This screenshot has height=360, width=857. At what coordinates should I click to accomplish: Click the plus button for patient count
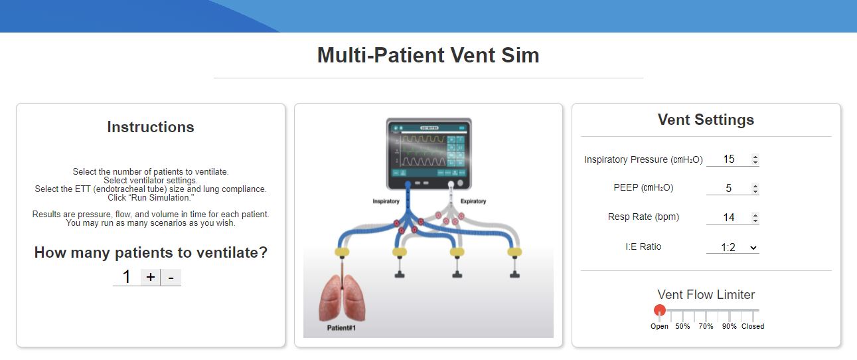tap(151, 278)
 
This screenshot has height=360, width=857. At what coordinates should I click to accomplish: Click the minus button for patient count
tap(171, 278)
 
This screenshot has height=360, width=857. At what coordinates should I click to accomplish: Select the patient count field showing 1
tap(126, 278)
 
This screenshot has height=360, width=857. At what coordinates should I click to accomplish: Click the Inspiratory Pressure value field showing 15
tap(729, 159)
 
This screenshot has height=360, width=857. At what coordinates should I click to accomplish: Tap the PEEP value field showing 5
tap(729, 189)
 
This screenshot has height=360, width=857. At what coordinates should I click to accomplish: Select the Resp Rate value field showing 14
tap(729, 218)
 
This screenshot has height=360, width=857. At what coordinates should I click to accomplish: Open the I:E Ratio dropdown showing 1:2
tap(732, 247)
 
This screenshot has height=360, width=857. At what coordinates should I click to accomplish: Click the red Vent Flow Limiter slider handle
tap(660, 310)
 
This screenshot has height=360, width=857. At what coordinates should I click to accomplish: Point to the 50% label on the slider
tap(682, 327)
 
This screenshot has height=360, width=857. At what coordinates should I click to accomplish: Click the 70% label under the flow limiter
tap(706, 327)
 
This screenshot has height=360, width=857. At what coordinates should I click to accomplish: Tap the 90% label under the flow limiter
tap(729, 327)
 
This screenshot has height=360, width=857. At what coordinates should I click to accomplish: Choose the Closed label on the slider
tap(753, 327)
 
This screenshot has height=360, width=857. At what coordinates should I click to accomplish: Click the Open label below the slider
tap(659, 327)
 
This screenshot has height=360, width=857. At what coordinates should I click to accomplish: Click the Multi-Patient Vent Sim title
tap(428, 55)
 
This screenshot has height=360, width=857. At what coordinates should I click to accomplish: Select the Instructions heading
tap(151, 128)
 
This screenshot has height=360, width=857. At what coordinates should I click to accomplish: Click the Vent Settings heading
tap(706, 120)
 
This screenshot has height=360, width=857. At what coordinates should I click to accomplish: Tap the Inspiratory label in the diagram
tap(386, 201)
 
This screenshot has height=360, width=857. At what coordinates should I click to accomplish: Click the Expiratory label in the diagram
tap(473, 201)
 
